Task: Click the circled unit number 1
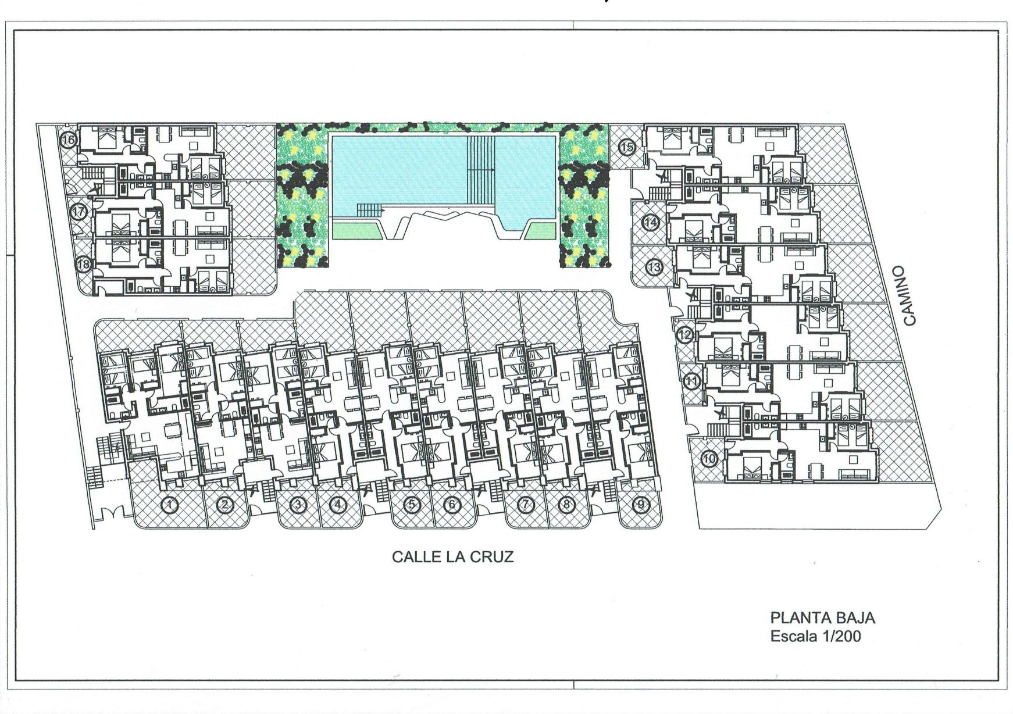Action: tap(169, 505)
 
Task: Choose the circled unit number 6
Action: tap(451, 505)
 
